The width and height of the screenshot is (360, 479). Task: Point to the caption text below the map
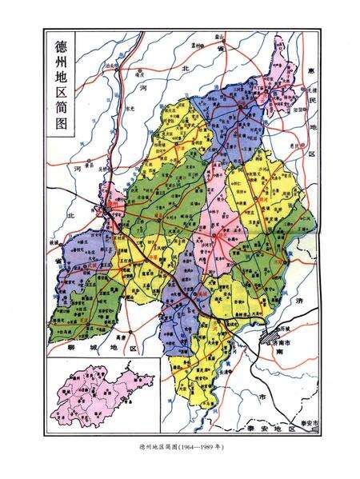pyautogui.click(x=179, y=446)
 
